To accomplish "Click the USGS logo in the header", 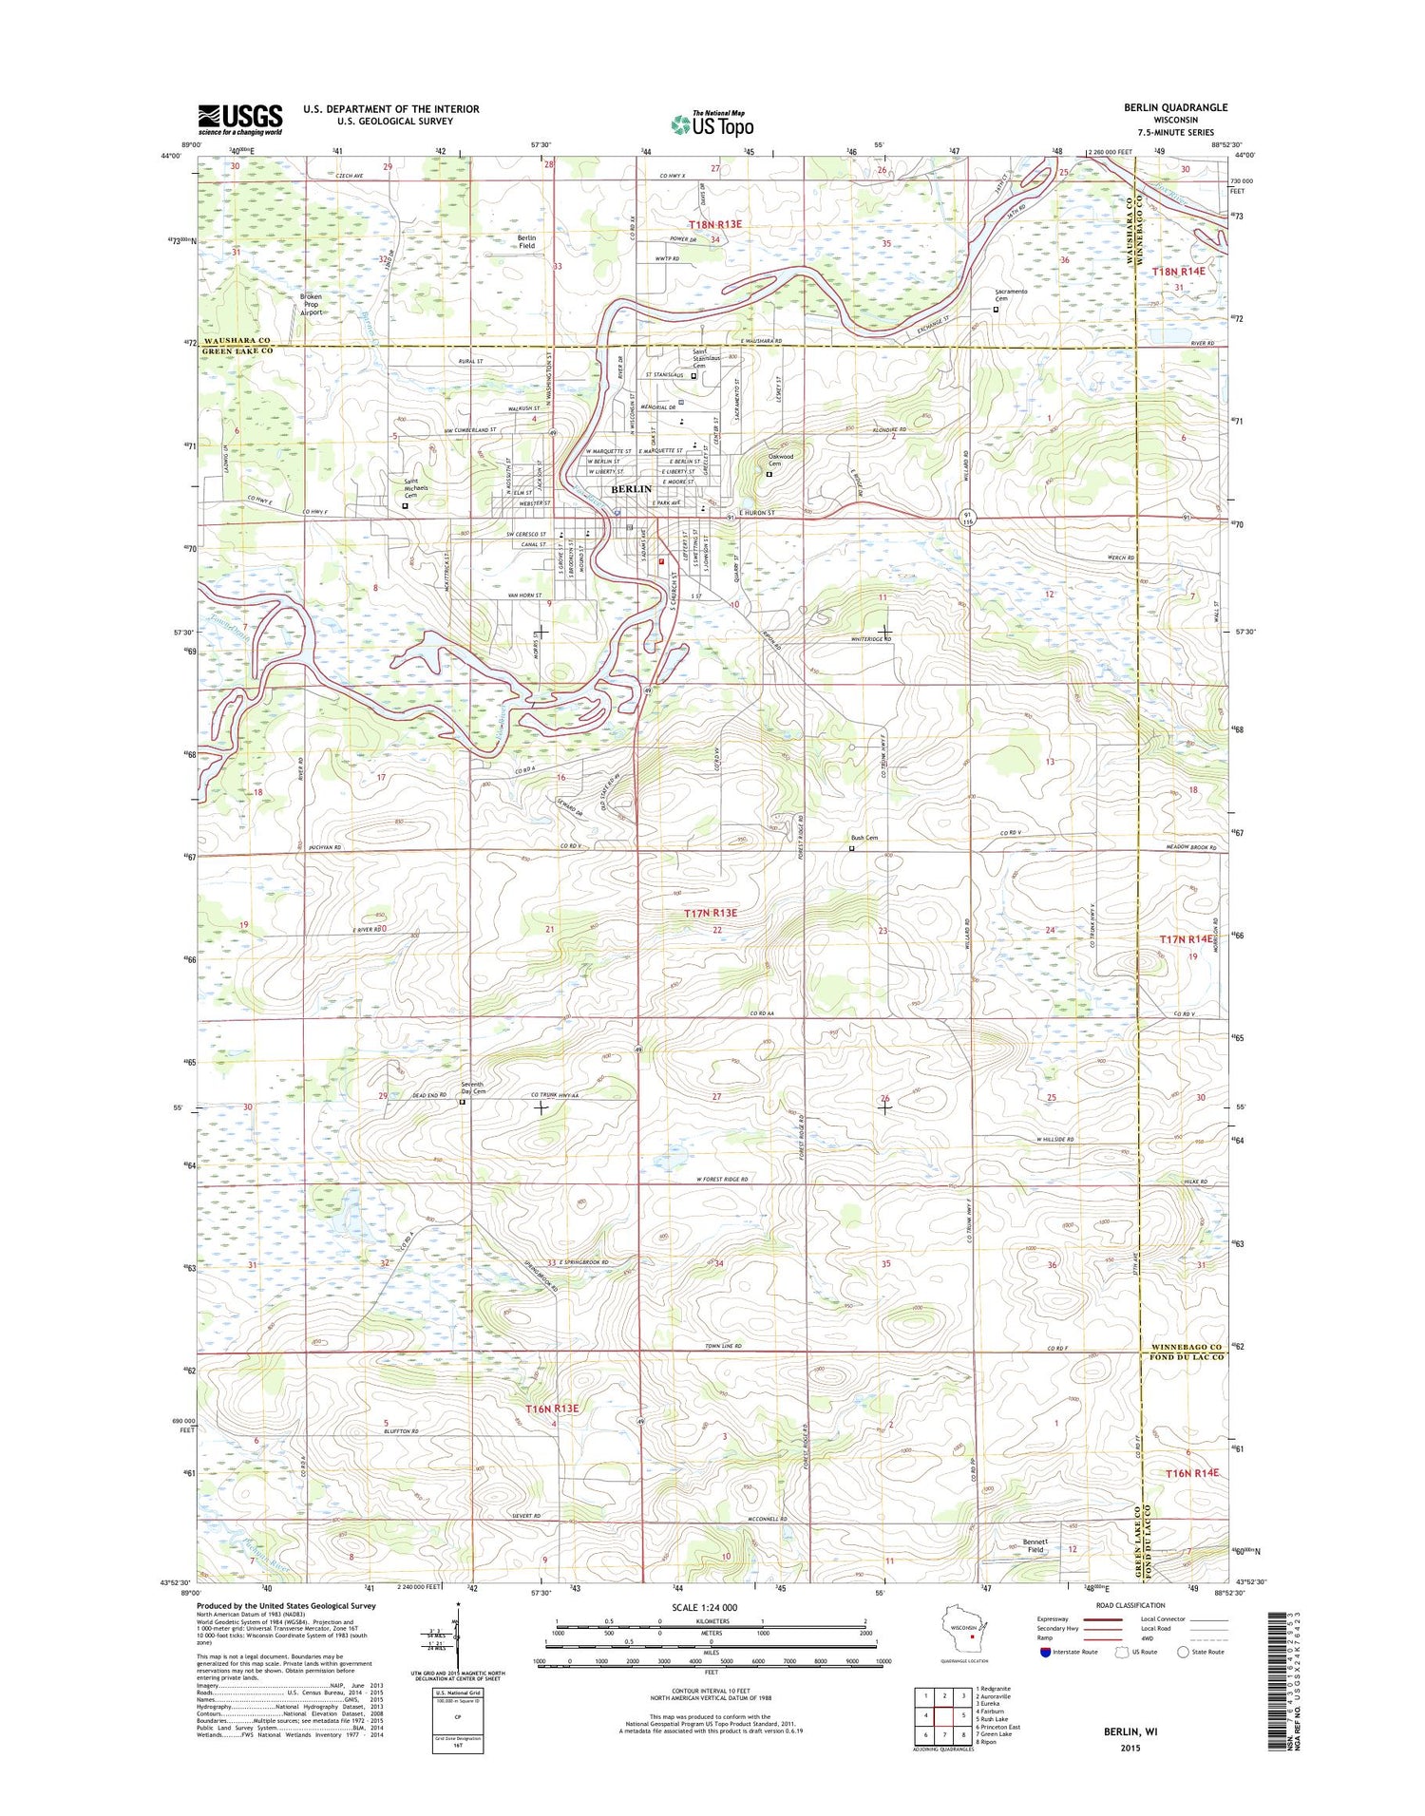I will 239,119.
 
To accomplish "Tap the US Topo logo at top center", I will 712,123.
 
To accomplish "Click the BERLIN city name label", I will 631,488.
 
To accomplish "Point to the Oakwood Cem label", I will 780,460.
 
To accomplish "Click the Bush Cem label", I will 864,838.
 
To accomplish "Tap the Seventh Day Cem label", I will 472,1088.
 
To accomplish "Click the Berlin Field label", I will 526,242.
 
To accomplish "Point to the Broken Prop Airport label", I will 311,304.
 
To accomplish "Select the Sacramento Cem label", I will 1011,294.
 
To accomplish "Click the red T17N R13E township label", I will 711,913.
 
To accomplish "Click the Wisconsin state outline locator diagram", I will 966,1632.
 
